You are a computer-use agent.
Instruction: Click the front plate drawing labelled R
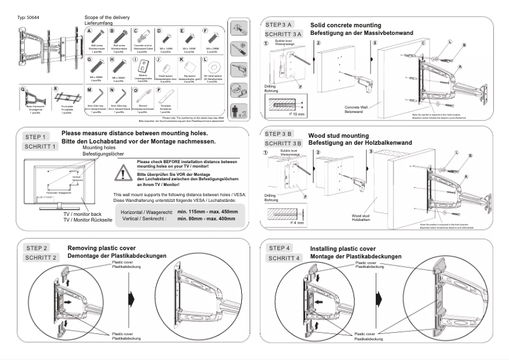(x=68, y=97)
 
